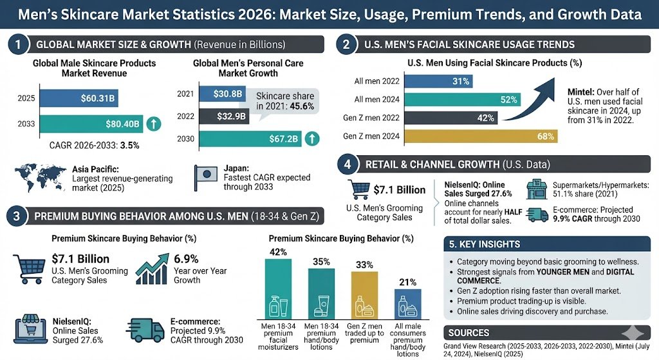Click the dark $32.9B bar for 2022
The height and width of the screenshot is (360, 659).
pos(223,115)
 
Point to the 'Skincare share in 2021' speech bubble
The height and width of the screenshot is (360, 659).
pos(278,100)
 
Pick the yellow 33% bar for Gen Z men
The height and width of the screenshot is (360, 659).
pos(364,291)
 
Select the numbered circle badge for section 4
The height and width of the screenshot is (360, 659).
pos(347,164)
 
